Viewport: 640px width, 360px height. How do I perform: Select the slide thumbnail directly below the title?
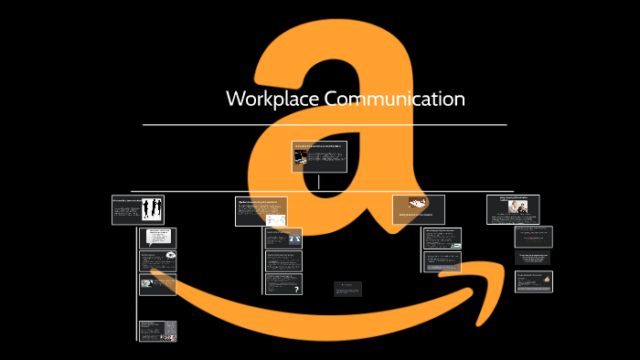tap(319, 156)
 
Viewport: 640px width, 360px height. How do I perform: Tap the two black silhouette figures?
tap(151, 209)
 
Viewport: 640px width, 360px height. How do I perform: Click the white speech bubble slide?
tap(158, 238)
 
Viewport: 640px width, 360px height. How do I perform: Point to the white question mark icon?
tap(295, 288)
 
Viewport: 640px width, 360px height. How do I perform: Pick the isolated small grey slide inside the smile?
tap(347, 288)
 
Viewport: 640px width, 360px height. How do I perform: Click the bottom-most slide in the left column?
tap(157, 330)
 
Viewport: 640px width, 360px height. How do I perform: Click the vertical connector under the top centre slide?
tap(319, 181)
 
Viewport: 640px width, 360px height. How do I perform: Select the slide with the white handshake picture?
tap(418, 206)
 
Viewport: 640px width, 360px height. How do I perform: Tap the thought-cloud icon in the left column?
tap(171, 256)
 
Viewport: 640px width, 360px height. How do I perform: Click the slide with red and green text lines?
tap(533, 236)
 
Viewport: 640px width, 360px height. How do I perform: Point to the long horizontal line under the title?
tap(325, 124)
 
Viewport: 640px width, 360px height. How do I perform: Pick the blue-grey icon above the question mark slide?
tap(294, 238)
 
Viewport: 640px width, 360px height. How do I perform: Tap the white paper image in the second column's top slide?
tap(274, 219)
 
